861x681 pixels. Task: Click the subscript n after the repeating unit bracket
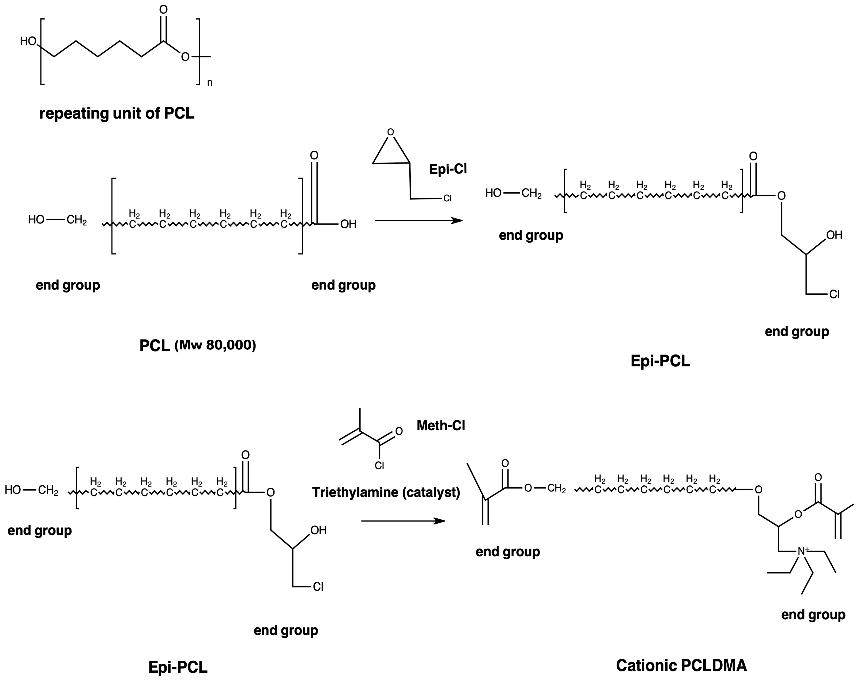pyautogui.click(x=210, y=83)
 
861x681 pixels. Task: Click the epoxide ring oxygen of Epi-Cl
pyautogui.click(x=390, y=132)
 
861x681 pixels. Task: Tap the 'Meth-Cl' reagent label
pyautogui.click(x=441, y=426)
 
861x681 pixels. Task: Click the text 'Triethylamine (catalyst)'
pyautogui.click(x=386, y=492)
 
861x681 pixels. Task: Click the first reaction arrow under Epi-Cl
pyautogui.click(x=419, y=220)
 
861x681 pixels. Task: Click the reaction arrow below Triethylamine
pyautogui.click(x=403, y=521)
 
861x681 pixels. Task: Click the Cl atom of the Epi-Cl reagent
pyautogui.click(x=448, y=198)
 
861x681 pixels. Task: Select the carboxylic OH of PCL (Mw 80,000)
pyautogui.click(x=348, y=224)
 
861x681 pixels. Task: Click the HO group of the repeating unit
pyautogui.click(x=28, y=41)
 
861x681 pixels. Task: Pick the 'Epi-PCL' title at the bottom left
pyautogui.click(x=178, y=667)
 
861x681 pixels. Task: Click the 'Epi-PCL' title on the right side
pyautogui.click(x=660, y=361)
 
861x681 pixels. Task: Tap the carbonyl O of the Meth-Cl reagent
pyautogui.click(x=399, y=431)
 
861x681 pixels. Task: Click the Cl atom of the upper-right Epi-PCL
pyautogui.click(x=834, y=294)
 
